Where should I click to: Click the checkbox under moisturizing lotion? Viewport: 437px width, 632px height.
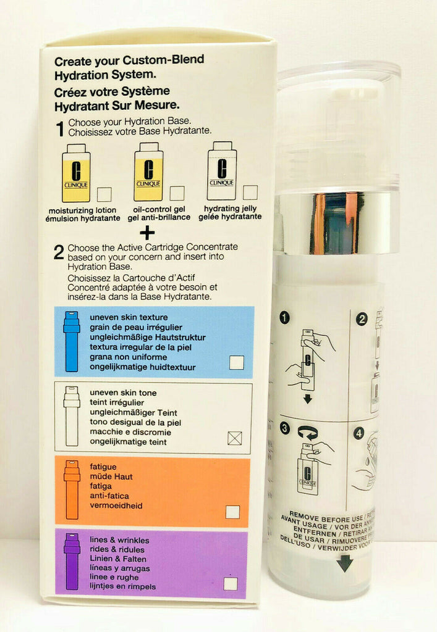pos(104,194)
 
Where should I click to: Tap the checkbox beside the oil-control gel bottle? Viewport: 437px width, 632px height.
pos(177,193)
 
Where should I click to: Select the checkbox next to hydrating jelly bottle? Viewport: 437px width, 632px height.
pos(250,193)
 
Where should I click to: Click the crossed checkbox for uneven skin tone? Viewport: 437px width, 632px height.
pos(235,438)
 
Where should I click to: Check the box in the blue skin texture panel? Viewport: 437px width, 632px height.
pos(236,362)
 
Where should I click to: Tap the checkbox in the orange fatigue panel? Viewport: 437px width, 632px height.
pos(232,512)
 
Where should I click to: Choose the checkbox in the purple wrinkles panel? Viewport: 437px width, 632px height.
pos(230,583)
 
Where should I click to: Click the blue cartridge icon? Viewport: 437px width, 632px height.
pos(72,341)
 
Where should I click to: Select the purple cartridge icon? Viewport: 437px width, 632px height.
pos(72,562)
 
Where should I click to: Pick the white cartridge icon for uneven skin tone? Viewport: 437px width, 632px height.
pos(72,416)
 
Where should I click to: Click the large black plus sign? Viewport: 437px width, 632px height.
pos(147,233)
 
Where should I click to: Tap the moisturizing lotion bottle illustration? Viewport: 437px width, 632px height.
pos(76,173)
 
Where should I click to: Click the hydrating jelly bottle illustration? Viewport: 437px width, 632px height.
pos(221,172)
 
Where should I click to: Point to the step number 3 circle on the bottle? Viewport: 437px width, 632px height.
pos(285,428)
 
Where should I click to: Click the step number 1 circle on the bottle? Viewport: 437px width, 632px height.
pos(284,318)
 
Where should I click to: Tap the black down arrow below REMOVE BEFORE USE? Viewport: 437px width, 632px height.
pos(345,563)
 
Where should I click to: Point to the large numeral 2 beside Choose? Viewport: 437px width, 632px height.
pos(59,252)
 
